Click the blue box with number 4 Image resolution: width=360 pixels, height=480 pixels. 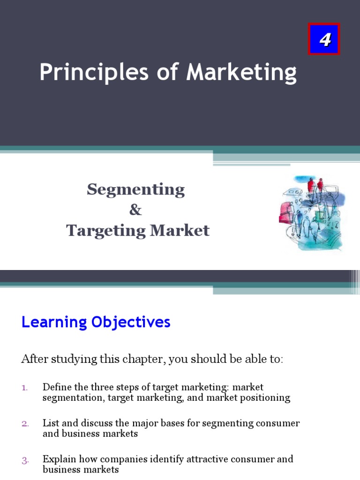pos(324,39)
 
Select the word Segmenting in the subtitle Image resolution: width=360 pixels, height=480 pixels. pos(135,189)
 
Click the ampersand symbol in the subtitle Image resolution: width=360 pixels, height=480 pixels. pos(135,210)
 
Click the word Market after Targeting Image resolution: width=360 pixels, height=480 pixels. pos(186,230)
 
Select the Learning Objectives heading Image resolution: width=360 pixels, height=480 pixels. pos(96,322)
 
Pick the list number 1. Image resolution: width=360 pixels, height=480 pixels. pos(25,388)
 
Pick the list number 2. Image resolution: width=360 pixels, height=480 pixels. pos(25,423)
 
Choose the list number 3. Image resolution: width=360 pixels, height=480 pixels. pos(25,460)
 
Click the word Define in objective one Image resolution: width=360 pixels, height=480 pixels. pos(55,387)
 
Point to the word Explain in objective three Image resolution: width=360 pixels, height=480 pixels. pos(58,459)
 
